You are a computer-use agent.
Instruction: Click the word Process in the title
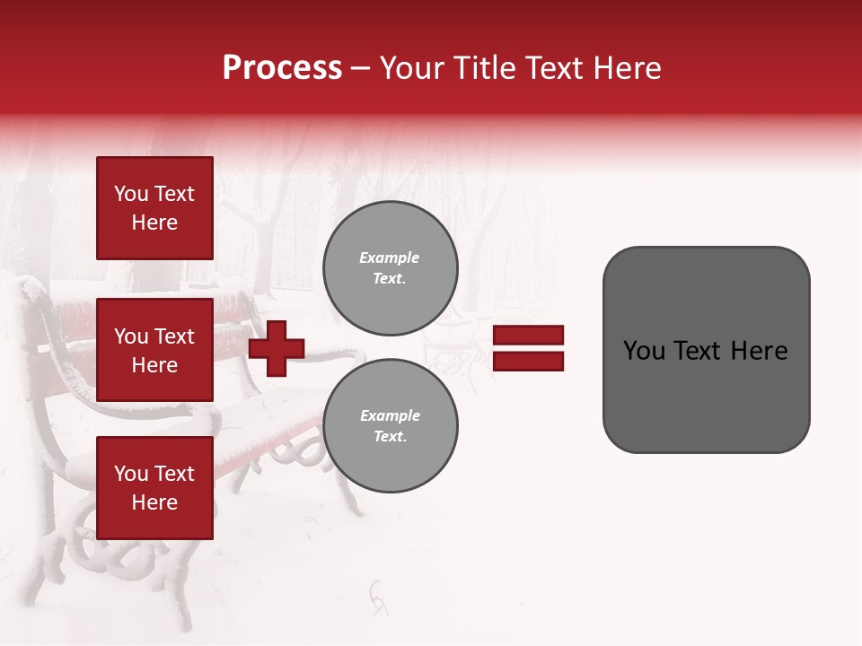[x=282, y=68]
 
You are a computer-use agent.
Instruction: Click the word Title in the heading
[x=482, y=68]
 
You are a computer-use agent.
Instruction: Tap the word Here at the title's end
[x=624, y=68]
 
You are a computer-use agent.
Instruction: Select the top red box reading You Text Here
[x=154, y=208]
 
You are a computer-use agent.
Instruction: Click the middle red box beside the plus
[x=154, y=350]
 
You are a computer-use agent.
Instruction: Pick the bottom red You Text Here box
[x=154, y=488]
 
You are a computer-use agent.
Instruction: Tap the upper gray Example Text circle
[x=390, y=267]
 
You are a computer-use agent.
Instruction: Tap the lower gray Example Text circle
[x=390, y=425]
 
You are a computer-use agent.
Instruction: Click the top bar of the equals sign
[x=528, y=336]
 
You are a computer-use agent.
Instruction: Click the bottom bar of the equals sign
[x=528, y=362]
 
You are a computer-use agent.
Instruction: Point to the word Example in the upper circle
[x=390, y=258]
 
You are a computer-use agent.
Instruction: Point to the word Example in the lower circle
[x=390, y=415]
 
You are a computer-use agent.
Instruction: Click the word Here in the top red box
[x=154, y=223]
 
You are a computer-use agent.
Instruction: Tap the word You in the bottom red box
[x=131, y=474]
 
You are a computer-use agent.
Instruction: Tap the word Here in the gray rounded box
[x=759, y=351]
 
